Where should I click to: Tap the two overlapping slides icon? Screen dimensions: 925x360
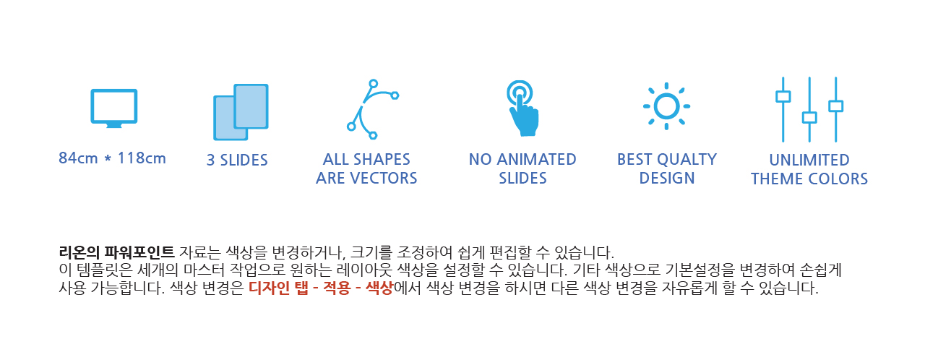click(241, 112)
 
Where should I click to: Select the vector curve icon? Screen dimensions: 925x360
click(372, 109)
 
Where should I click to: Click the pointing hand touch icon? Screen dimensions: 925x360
click(522, 108)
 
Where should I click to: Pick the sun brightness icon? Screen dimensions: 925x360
click(666, 106)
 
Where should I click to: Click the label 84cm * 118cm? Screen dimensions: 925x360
click(112, 158)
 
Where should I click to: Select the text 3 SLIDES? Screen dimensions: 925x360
click(237, 160)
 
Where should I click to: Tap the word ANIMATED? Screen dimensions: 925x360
click(536, 159)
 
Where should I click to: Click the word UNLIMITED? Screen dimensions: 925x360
click(809, 160)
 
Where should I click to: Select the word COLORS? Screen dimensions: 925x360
click(838, 179)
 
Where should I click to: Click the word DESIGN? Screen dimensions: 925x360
click(667, 178)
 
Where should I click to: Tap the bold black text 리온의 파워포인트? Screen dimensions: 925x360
click(117, 252)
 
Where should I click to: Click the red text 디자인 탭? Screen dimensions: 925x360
click(278, 288)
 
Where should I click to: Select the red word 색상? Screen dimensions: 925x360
click(379, 288)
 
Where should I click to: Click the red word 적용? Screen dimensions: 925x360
click(337, 288)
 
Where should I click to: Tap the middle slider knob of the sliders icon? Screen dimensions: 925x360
click(809, 118)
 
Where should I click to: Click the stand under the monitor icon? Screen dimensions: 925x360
click(114, 126)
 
